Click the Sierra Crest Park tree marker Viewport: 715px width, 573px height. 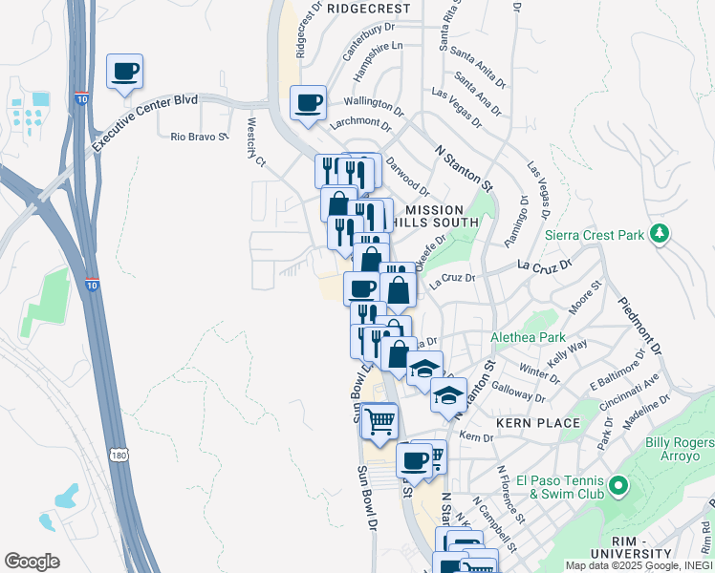tap(658, 234)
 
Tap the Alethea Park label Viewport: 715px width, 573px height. tap(527, 338)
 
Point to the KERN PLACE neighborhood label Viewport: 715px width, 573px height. tap(537, 422)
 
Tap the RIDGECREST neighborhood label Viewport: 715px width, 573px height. tap(368, 9)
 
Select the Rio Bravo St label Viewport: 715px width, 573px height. tap(200, 137)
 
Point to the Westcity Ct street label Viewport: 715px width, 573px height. tap(255, 142)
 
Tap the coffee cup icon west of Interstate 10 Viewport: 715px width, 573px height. tap(124, 73)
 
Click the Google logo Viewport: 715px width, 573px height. tap(32, 561)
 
